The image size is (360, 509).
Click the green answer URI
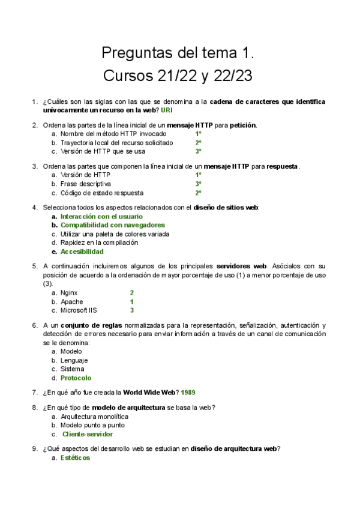(167, 110)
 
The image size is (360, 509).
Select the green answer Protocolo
(76, 378)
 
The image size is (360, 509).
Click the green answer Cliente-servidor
(88, 434)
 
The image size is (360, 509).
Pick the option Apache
(72, 302)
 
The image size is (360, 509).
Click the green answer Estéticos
(75, 457)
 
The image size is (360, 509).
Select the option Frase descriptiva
(86, 184)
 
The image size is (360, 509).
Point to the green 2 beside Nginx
(131, 293)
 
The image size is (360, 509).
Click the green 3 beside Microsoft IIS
(131, 310)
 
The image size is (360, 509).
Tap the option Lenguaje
(74, 360)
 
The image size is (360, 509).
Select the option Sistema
(73, 369)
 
